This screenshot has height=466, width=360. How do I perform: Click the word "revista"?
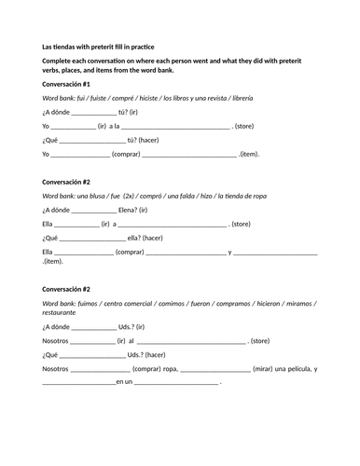219,98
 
